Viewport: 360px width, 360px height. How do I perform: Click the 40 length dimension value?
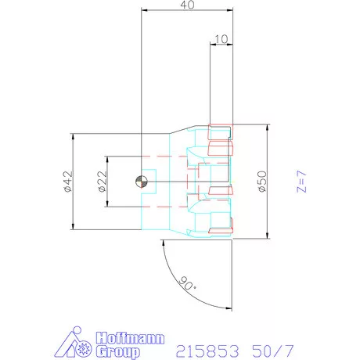(x=187, y=5)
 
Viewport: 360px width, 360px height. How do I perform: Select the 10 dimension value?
(x=221, y=39)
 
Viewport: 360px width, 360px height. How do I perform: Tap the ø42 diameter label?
(x=68, y=182)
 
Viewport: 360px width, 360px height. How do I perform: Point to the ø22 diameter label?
(x=103, y=182)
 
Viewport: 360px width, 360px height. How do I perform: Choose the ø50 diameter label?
(x=262, y=182)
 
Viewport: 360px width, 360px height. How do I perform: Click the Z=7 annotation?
(x=301, y=182)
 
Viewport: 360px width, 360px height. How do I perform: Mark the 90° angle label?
(x=188, y=283)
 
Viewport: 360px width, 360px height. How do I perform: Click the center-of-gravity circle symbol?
(x=142, y=182)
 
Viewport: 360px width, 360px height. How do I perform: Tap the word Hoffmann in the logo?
(x=130, y=338)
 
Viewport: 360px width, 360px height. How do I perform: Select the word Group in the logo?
(x=117, y=351)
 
